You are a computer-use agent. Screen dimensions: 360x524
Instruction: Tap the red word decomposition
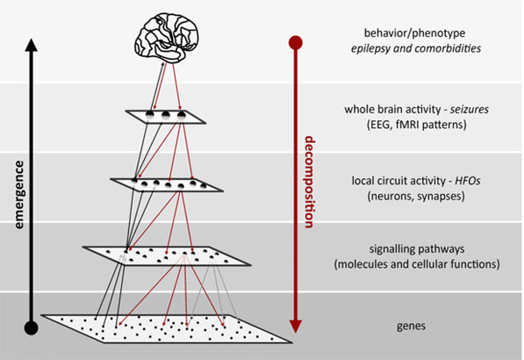point(309,183)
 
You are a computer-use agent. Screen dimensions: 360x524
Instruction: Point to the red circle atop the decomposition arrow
point(295,41)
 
